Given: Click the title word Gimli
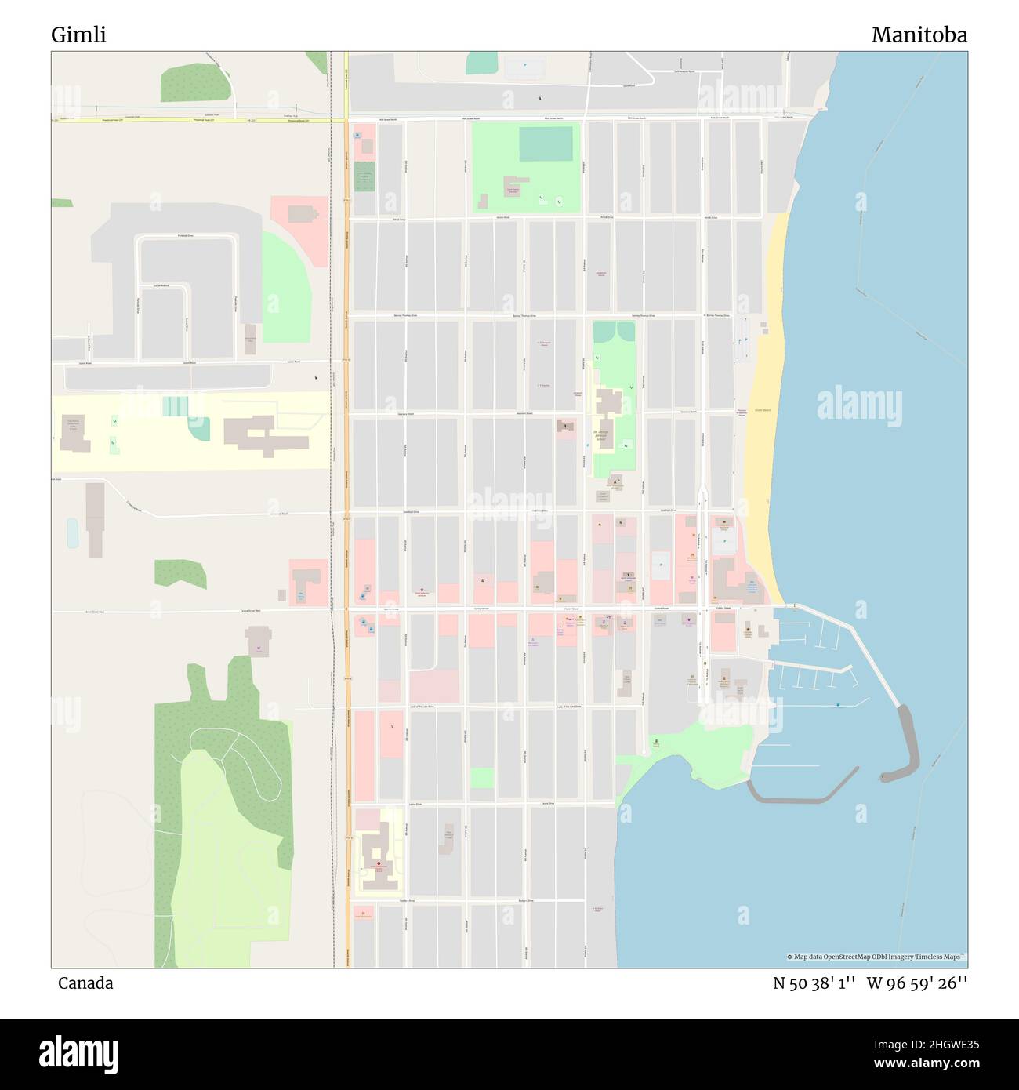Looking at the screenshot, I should point(78,35).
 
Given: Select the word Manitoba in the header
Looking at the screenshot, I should point(919,35).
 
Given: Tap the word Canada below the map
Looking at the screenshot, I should point(85,983).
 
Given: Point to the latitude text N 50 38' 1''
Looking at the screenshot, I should point(815,983).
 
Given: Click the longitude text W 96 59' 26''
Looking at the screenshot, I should point(917,983).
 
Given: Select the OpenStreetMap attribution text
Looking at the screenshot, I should point(876,957).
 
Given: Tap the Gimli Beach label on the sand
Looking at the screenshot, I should point(763,410).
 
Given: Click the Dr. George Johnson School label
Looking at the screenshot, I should point(601,436).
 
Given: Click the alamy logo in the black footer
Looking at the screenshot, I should point(78,1054).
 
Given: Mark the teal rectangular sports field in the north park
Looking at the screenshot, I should point(546,144).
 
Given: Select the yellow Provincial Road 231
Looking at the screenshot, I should point(196,120).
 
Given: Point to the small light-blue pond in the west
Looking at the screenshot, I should point(73,533).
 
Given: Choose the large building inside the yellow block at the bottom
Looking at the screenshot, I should point(379,855).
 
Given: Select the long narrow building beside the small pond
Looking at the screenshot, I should point(95,519).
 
